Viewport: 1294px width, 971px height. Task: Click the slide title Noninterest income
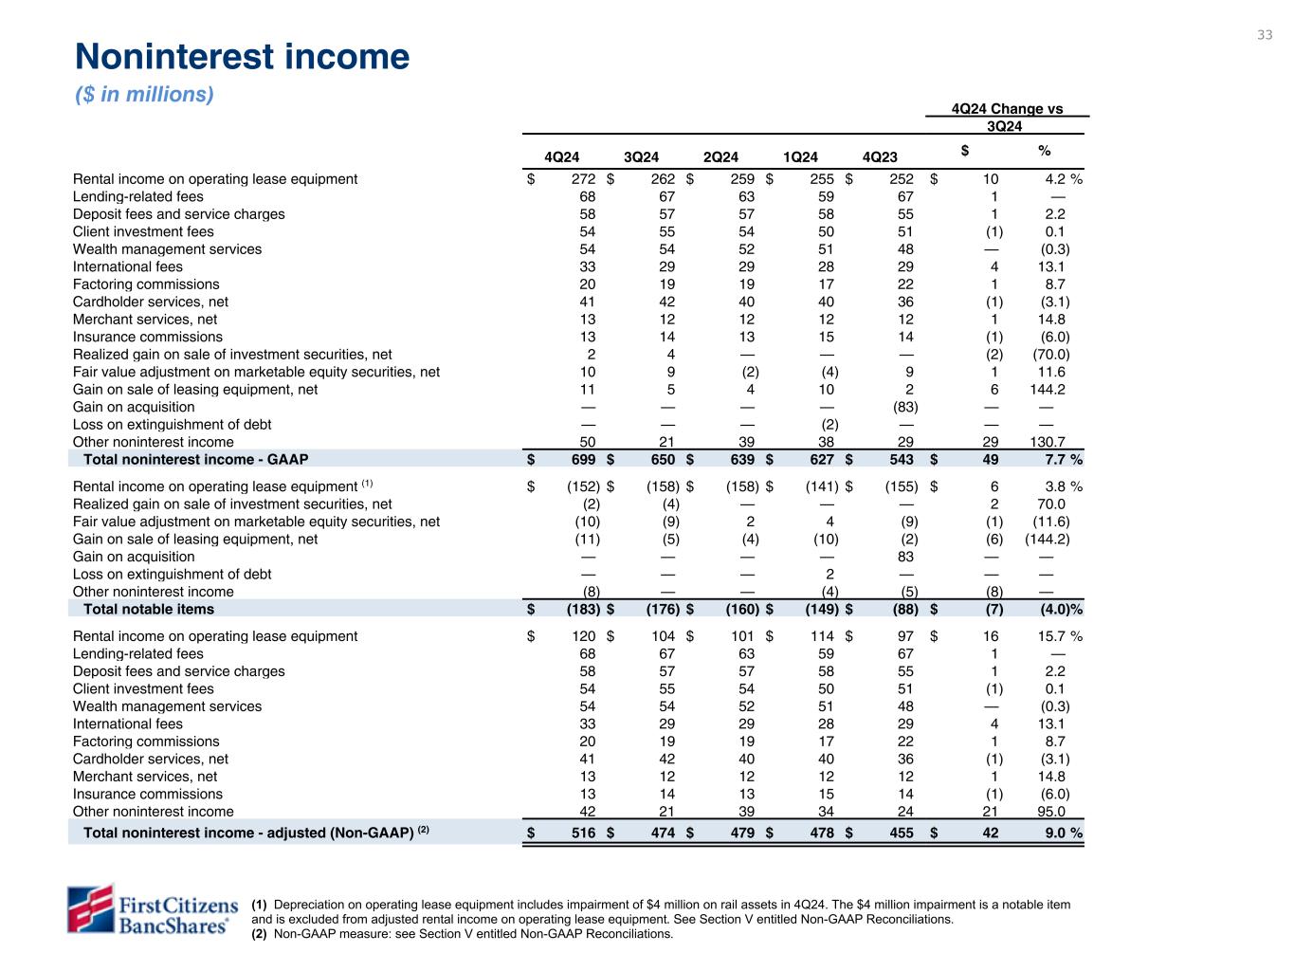point(242,58)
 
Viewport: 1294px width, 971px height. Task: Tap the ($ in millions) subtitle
point(144,95)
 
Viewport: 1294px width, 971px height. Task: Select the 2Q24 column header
point(720,157)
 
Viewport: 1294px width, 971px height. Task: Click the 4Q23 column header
point(881,157)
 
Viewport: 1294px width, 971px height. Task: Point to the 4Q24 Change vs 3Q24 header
point(1006,117)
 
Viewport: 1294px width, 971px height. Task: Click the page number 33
point(1265,35)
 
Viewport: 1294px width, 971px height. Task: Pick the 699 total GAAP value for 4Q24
point(582,460)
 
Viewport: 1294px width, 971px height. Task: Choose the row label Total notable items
point(149,609)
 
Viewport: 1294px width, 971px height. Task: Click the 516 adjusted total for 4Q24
point(582,833)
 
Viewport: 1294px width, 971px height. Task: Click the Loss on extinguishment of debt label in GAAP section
point(172,425)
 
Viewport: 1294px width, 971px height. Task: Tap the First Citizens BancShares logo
point(150,908)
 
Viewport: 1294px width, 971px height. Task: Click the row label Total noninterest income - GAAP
point(195,460)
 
